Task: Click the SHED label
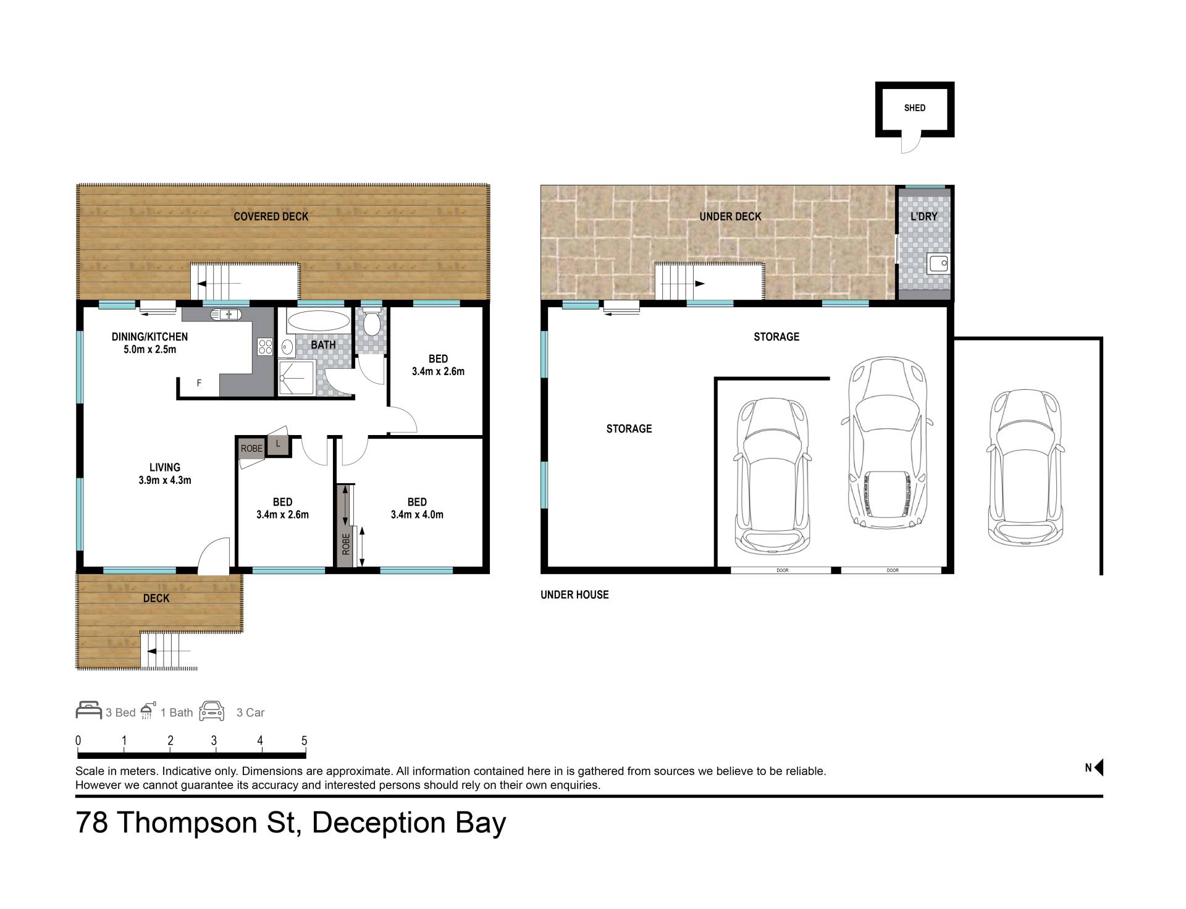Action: click(914, 108)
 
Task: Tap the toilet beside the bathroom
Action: click(372, 323)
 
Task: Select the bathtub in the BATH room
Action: click(318, 321)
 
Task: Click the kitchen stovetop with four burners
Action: click(265, 347)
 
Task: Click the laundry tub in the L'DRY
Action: click(938, 264)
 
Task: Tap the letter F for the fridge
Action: click(199, 383)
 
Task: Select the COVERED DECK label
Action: click(271, 216)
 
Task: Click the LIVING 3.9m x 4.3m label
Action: click(165, 474)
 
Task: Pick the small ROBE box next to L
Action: click(251, 449)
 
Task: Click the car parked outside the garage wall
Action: click(1026, 468)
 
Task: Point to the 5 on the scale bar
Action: click(304, 740)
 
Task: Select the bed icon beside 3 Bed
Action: click(88, 711)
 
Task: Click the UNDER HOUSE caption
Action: click(574, 594)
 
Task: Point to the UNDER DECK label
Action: click(730, 216)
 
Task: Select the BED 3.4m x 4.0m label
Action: click(417, 508)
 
